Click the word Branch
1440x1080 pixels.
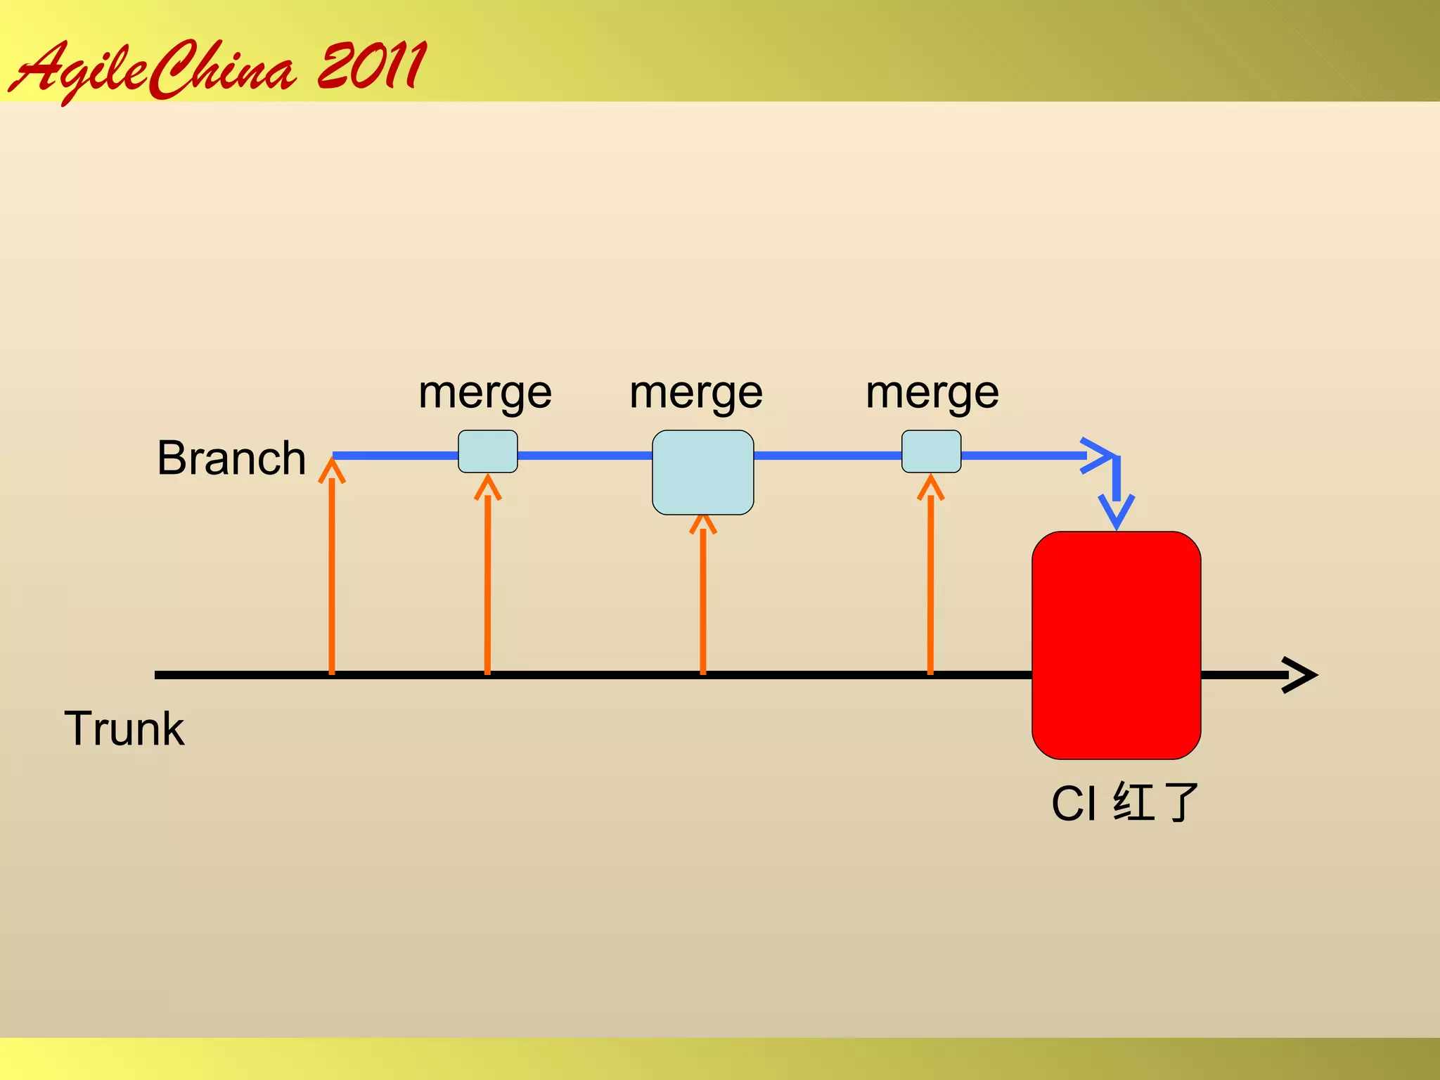[231, 458]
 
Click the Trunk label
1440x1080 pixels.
[124, 728]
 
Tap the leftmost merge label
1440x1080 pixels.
[485, 392]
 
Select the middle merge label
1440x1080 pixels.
[696, 392]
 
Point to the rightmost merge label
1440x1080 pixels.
[932, 392]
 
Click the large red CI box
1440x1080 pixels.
[1116, 645]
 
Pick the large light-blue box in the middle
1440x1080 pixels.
[702, 472]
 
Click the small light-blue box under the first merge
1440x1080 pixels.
[488, 451]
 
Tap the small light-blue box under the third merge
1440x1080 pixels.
[931, 451]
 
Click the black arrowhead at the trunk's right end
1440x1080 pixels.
[1301, 675]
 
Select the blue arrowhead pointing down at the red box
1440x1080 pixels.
[1116, 512]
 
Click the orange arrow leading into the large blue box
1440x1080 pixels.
[702, 598]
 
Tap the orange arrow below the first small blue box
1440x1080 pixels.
[487, 577]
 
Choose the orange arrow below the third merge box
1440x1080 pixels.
[930, 577]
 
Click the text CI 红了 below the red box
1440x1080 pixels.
[1124, 803]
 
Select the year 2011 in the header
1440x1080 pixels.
[371, 66]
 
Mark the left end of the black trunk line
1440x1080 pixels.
[157, 675]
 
